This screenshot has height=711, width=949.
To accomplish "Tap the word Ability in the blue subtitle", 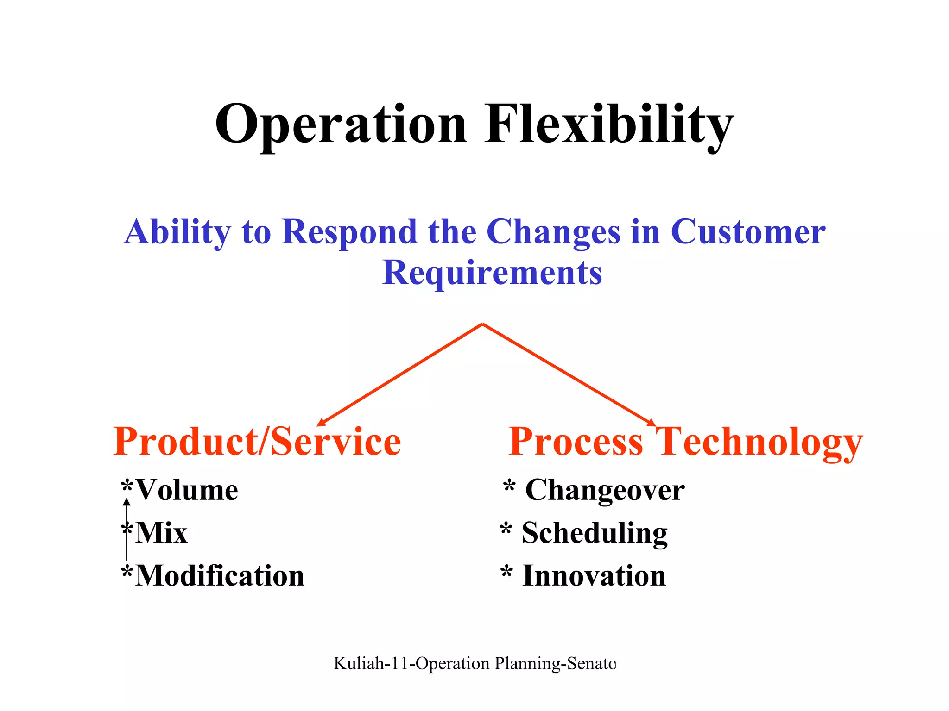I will [177, 232].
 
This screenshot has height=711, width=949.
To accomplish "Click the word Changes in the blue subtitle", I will [553, 232].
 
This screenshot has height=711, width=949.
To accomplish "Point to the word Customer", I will [747, 232].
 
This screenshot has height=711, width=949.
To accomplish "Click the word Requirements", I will [492, 273].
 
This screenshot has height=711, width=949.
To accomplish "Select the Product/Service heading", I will [257, 442].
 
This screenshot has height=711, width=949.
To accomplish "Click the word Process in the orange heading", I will [576, 442].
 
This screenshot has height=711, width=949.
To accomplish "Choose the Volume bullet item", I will [186, 490].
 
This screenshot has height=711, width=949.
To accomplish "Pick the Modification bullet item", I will [220, 576].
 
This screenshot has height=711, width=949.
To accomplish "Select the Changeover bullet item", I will [604, 490].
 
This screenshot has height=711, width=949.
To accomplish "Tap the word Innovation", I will [594, 576].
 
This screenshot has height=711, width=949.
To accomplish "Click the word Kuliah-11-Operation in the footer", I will [411, 664].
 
